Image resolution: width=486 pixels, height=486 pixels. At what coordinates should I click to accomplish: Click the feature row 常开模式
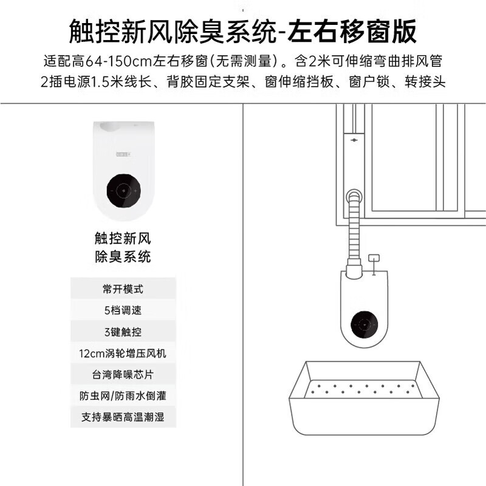pyautogui.click(x=123, y=289)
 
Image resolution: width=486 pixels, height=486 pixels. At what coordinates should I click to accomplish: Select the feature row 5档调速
pyautogui.click(x=123, y=310)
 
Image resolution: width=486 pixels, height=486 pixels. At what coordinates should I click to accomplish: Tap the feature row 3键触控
pyautogui.click(x=123, y=332)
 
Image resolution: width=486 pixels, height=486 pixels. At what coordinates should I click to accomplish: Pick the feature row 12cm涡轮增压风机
pyautogui.click(x=123, y=353)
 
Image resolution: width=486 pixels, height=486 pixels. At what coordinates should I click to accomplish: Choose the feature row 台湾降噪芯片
pyautogui.click(x=123, y=374)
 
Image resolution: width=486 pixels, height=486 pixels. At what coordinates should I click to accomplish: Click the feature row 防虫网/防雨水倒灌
pyautogui.click(x=123, y=396)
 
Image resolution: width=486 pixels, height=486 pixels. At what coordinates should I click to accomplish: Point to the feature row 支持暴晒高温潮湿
pyautogui.click(x=123, y=417)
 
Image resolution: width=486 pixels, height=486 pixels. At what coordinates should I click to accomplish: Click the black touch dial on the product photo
pyautogui.click(x=124, y=191)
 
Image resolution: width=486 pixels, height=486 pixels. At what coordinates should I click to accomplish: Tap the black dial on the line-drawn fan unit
pyautogui.click(x=364, y=324)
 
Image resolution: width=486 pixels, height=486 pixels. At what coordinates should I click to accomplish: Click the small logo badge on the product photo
pyautogui.click(x=123, y=154)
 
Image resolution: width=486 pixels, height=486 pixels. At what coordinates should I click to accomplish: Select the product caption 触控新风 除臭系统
pyautogui.click(x=123, y=247)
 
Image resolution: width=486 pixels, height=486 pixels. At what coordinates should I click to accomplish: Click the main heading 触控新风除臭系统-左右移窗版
pyautogui.click(x=242, y=32)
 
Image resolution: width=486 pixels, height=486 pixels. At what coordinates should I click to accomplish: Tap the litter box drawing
pyautogui.click(x=364, y=398)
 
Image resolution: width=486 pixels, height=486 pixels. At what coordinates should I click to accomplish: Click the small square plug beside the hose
pyautogui.click(x=374, y=258)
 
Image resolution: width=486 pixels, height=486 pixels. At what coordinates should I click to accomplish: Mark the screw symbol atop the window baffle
pyautogui.click(x=354, y=140)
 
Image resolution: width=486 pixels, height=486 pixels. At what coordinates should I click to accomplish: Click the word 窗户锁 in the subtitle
pyautogui.click(x=369, y=82)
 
